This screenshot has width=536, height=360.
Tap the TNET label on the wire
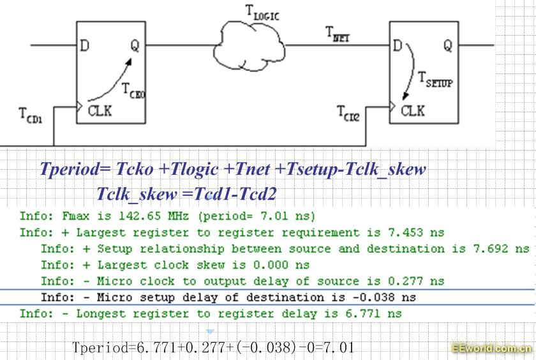tap(338, 33)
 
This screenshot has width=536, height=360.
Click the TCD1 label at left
tap(30, 116)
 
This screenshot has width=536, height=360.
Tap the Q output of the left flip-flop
tap(135, 45)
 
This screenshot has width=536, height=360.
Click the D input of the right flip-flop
tap(398, 46)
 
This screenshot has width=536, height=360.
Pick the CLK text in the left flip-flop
tap(100, 110)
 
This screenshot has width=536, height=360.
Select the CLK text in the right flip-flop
tap(413, 110)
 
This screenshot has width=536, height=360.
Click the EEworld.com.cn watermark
tap(491, 349)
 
